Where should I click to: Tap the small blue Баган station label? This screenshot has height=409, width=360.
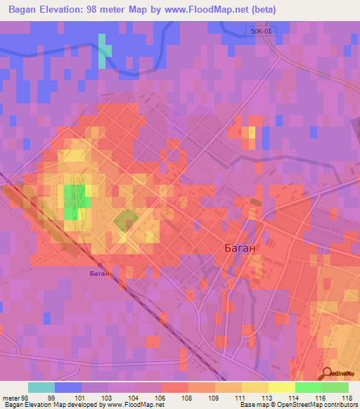(100, 273)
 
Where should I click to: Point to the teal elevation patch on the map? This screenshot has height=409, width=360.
(105, 51)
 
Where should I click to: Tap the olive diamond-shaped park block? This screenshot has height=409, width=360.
(125, 221)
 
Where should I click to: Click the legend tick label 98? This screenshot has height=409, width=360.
(25, 398)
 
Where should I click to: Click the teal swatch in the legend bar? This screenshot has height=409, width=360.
(41, 387)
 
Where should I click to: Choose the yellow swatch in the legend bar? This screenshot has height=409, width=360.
(255, 387)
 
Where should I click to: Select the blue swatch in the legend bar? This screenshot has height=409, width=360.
(68, 387)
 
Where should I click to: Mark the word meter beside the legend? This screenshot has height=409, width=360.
(11, 398)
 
